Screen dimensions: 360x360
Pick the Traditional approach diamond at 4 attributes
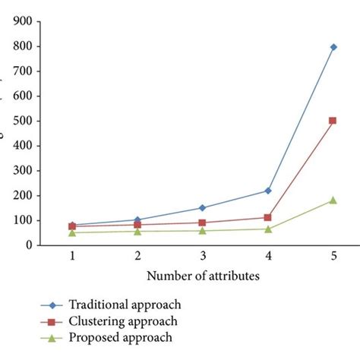click(268, 190)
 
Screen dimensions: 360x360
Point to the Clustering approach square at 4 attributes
click(268, 217)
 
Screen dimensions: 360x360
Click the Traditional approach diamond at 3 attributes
click(203, 207)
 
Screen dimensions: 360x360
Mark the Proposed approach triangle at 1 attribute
click(72, 232)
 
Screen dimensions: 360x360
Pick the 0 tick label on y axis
click(36, 245)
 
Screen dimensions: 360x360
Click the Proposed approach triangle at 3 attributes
click(203, 230)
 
